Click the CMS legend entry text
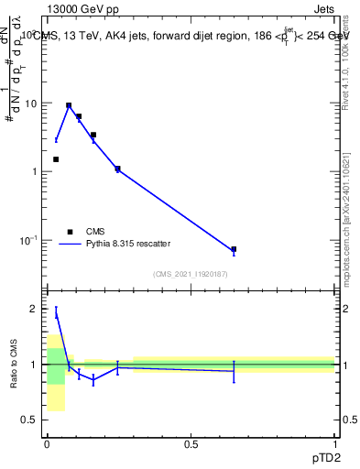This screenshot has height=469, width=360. click(x=96, y=232)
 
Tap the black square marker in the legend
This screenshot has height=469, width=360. click(x=70, y=232)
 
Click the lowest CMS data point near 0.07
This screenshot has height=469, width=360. click(x=235, y=249)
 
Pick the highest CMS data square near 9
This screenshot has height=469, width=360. click(x=69, y=105)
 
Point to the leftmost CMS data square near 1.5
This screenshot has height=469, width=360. click(x=56, y=159)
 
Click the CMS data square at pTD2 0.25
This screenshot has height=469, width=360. click(x=117, y=169)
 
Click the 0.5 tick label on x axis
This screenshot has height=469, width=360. click(x=191, y=443)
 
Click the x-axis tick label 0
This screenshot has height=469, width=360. click(x=48, y=443)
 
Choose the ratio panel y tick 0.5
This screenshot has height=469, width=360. click(x=32, y=420)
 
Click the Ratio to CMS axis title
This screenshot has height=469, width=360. click(x=14, y=364)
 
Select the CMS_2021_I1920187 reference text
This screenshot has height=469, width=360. click(x=191, y=274)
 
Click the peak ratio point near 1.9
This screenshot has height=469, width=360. click(x=56, y=313)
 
